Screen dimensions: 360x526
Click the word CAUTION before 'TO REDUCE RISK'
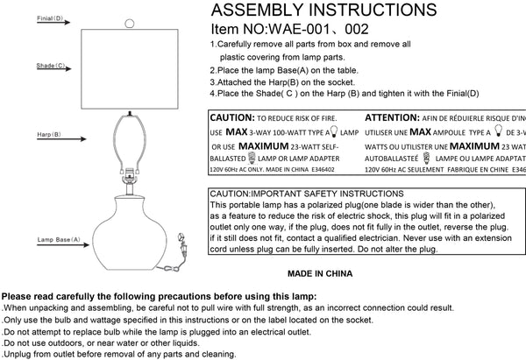click(231, 116)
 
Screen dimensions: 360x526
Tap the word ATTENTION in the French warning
click(392, 116)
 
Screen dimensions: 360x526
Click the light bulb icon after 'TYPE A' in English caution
click(329, 131)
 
